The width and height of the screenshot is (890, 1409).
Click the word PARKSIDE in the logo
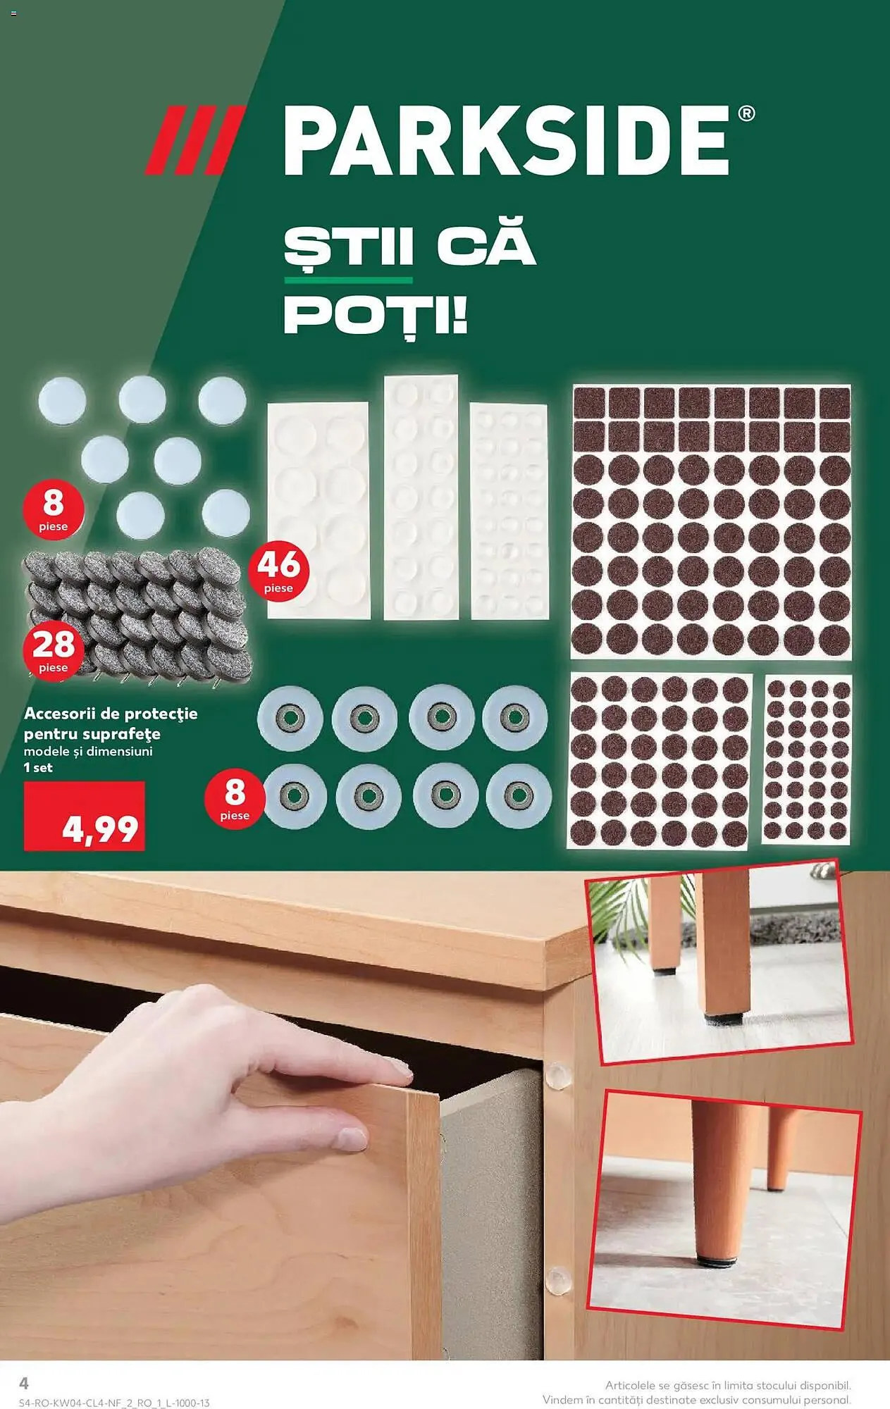coord(506,140)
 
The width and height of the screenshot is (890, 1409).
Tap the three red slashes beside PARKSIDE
coord(195,140)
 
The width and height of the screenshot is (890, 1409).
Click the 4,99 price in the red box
coord(100,828)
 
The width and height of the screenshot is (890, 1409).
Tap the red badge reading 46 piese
coord(278,571)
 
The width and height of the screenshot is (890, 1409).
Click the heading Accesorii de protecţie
coord(111,714)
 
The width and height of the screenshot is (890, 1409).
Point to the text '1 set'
coord(38,768)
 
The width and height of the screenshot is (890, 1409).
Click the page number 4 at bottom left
coord(23,1383)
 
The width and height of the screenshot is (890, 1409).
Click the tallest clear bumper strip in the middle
coord(421,497)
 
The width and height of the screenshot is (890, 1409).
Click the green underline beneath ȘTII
coord(348,280)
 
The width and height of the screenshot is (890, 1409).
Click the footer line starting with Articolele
coord(727,1385)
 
